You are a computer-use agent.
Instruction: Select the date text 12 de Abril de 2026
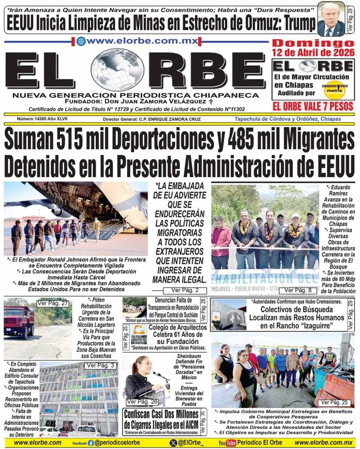click(314, 53)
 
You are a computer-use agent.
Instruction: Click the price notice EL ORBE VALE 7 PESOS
click(313, 106)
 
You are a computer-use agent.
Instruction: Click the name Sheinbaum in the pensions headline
click(188, 357)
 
